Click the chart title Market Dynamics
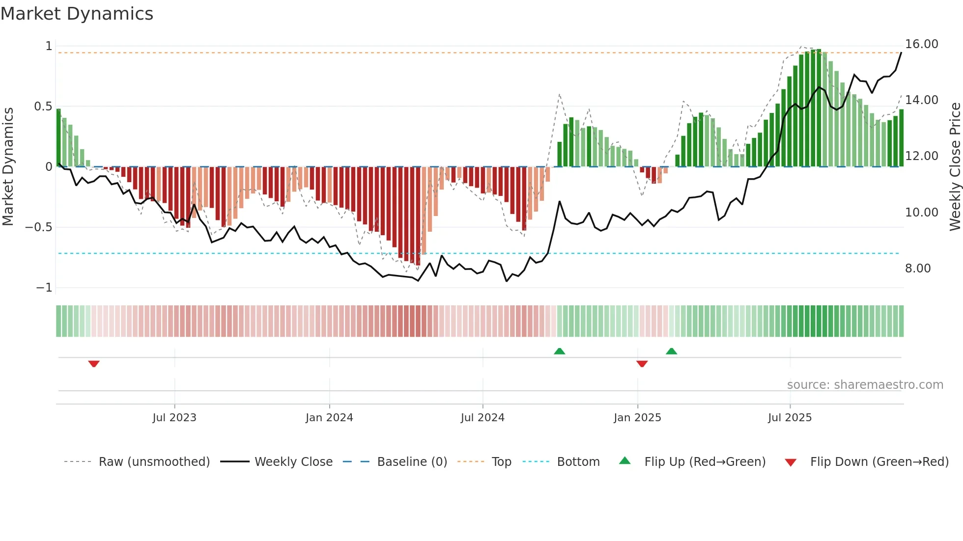77,14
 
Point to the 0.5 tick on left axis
43,107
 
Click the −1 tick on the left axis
44,288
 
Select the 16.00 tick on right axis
921,44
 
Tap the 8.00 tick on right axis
917,269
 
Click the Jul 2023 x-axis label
174,418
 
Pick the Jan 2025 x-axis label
637,418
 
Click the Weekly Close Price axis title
955,166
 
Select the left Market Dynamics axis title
8,166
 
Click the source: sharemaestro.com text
865,385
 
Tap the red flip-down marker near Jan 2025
642,364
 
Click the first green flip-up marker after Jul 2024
559,351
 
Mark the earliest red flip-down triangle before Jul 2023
94,364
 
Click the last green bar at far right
901,138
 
